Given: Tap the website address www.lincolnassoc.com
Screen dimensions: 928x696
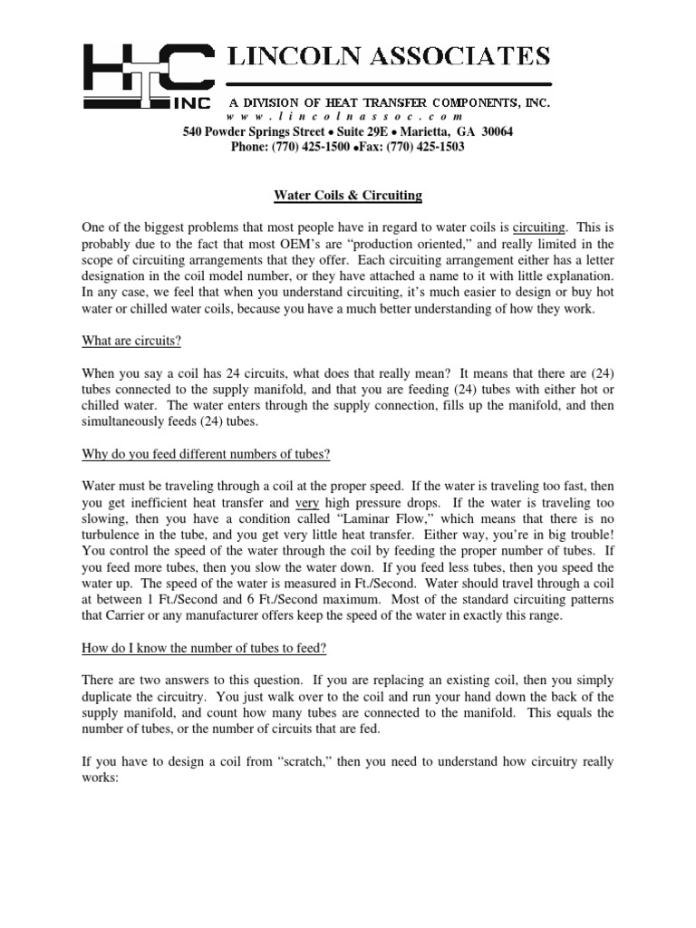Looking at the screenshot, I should click(x=345, y=118).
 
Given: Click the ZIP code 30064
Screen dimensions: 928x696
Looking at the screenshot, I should click(x=495, y=132).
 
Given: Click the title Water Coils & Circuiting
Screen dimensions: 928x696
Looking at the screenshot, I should click(x=348, y=195).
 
